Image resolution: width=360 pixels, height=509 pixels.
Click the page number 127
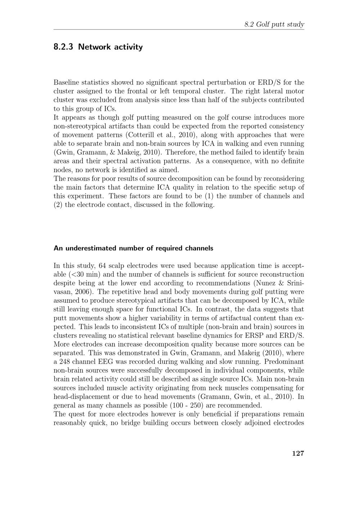click(x=298, y=453)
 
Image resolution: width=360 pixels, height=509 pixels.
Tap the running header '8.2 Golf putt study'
click(x=274, y=24)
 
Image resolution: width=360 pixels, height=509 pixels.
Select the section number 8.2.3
click(x=63, y=47)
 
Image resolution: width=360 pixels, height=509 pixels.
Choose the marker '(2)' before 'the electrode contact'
click(x=58, y=205)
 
